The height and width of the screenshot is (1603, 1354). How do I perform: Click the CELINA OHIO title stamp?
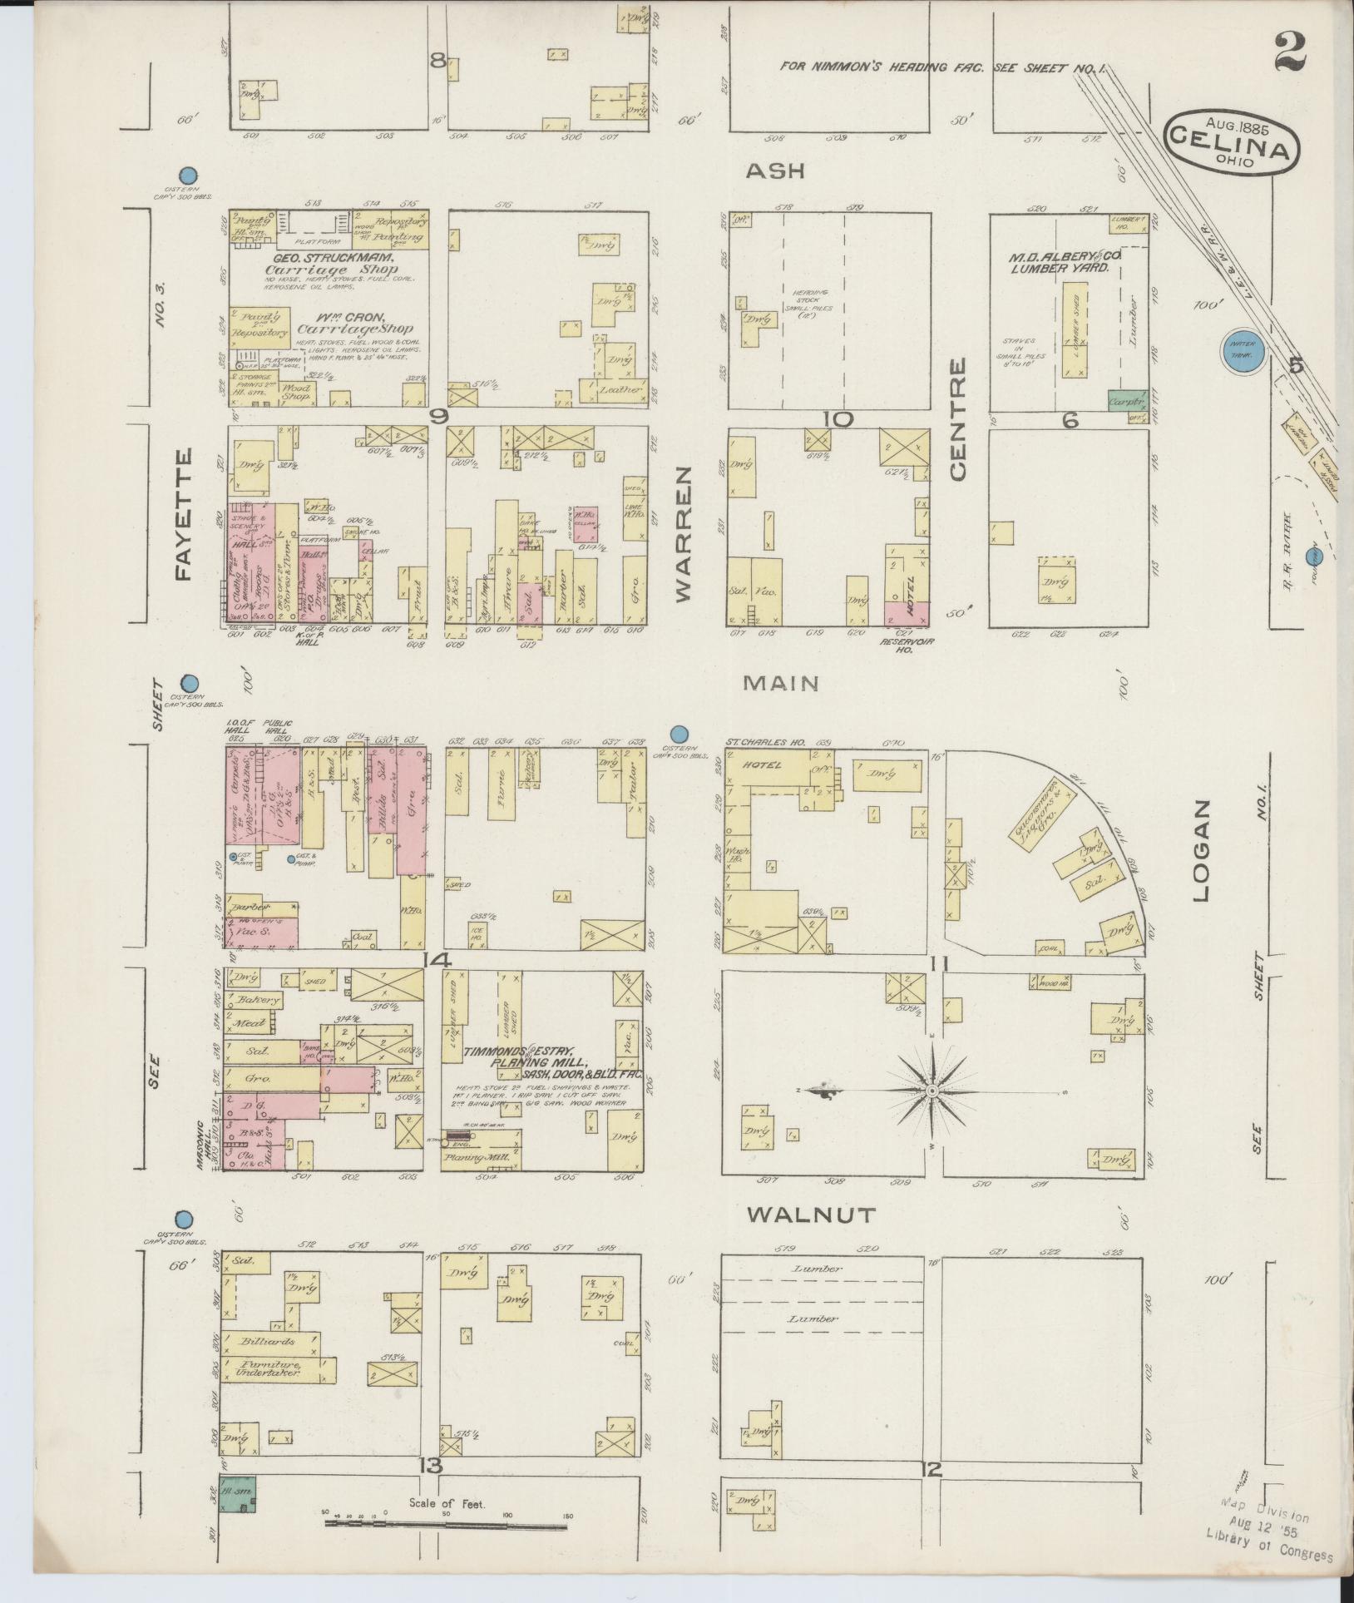pos(1232,144)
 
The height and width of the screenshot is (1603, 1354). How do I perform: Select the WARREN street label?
pos(684,532)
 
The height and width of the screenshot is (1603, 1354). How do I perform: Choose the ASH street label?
pos(775,171)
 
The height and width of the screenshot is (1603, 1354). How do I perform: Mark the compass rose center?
pos(932,1091)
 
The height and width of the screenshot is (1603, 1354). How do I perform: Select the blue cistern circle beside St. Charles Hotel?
pos(679,734)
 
